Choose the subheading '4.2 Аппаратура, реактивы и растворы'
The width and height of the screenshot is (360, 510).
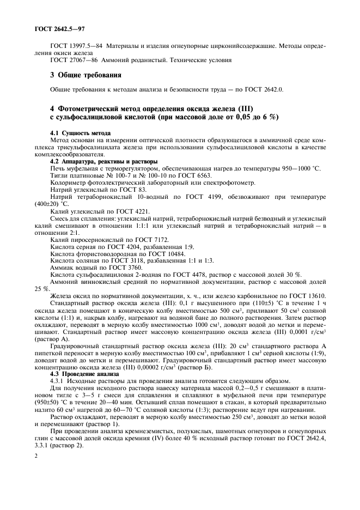[x=103, y=162]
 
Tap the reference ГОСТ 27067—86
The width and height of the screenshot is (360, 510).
[x=74, y=60]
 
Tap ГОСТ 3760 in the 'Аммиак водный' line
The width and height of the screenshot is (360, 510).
[x=125, y=268]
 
